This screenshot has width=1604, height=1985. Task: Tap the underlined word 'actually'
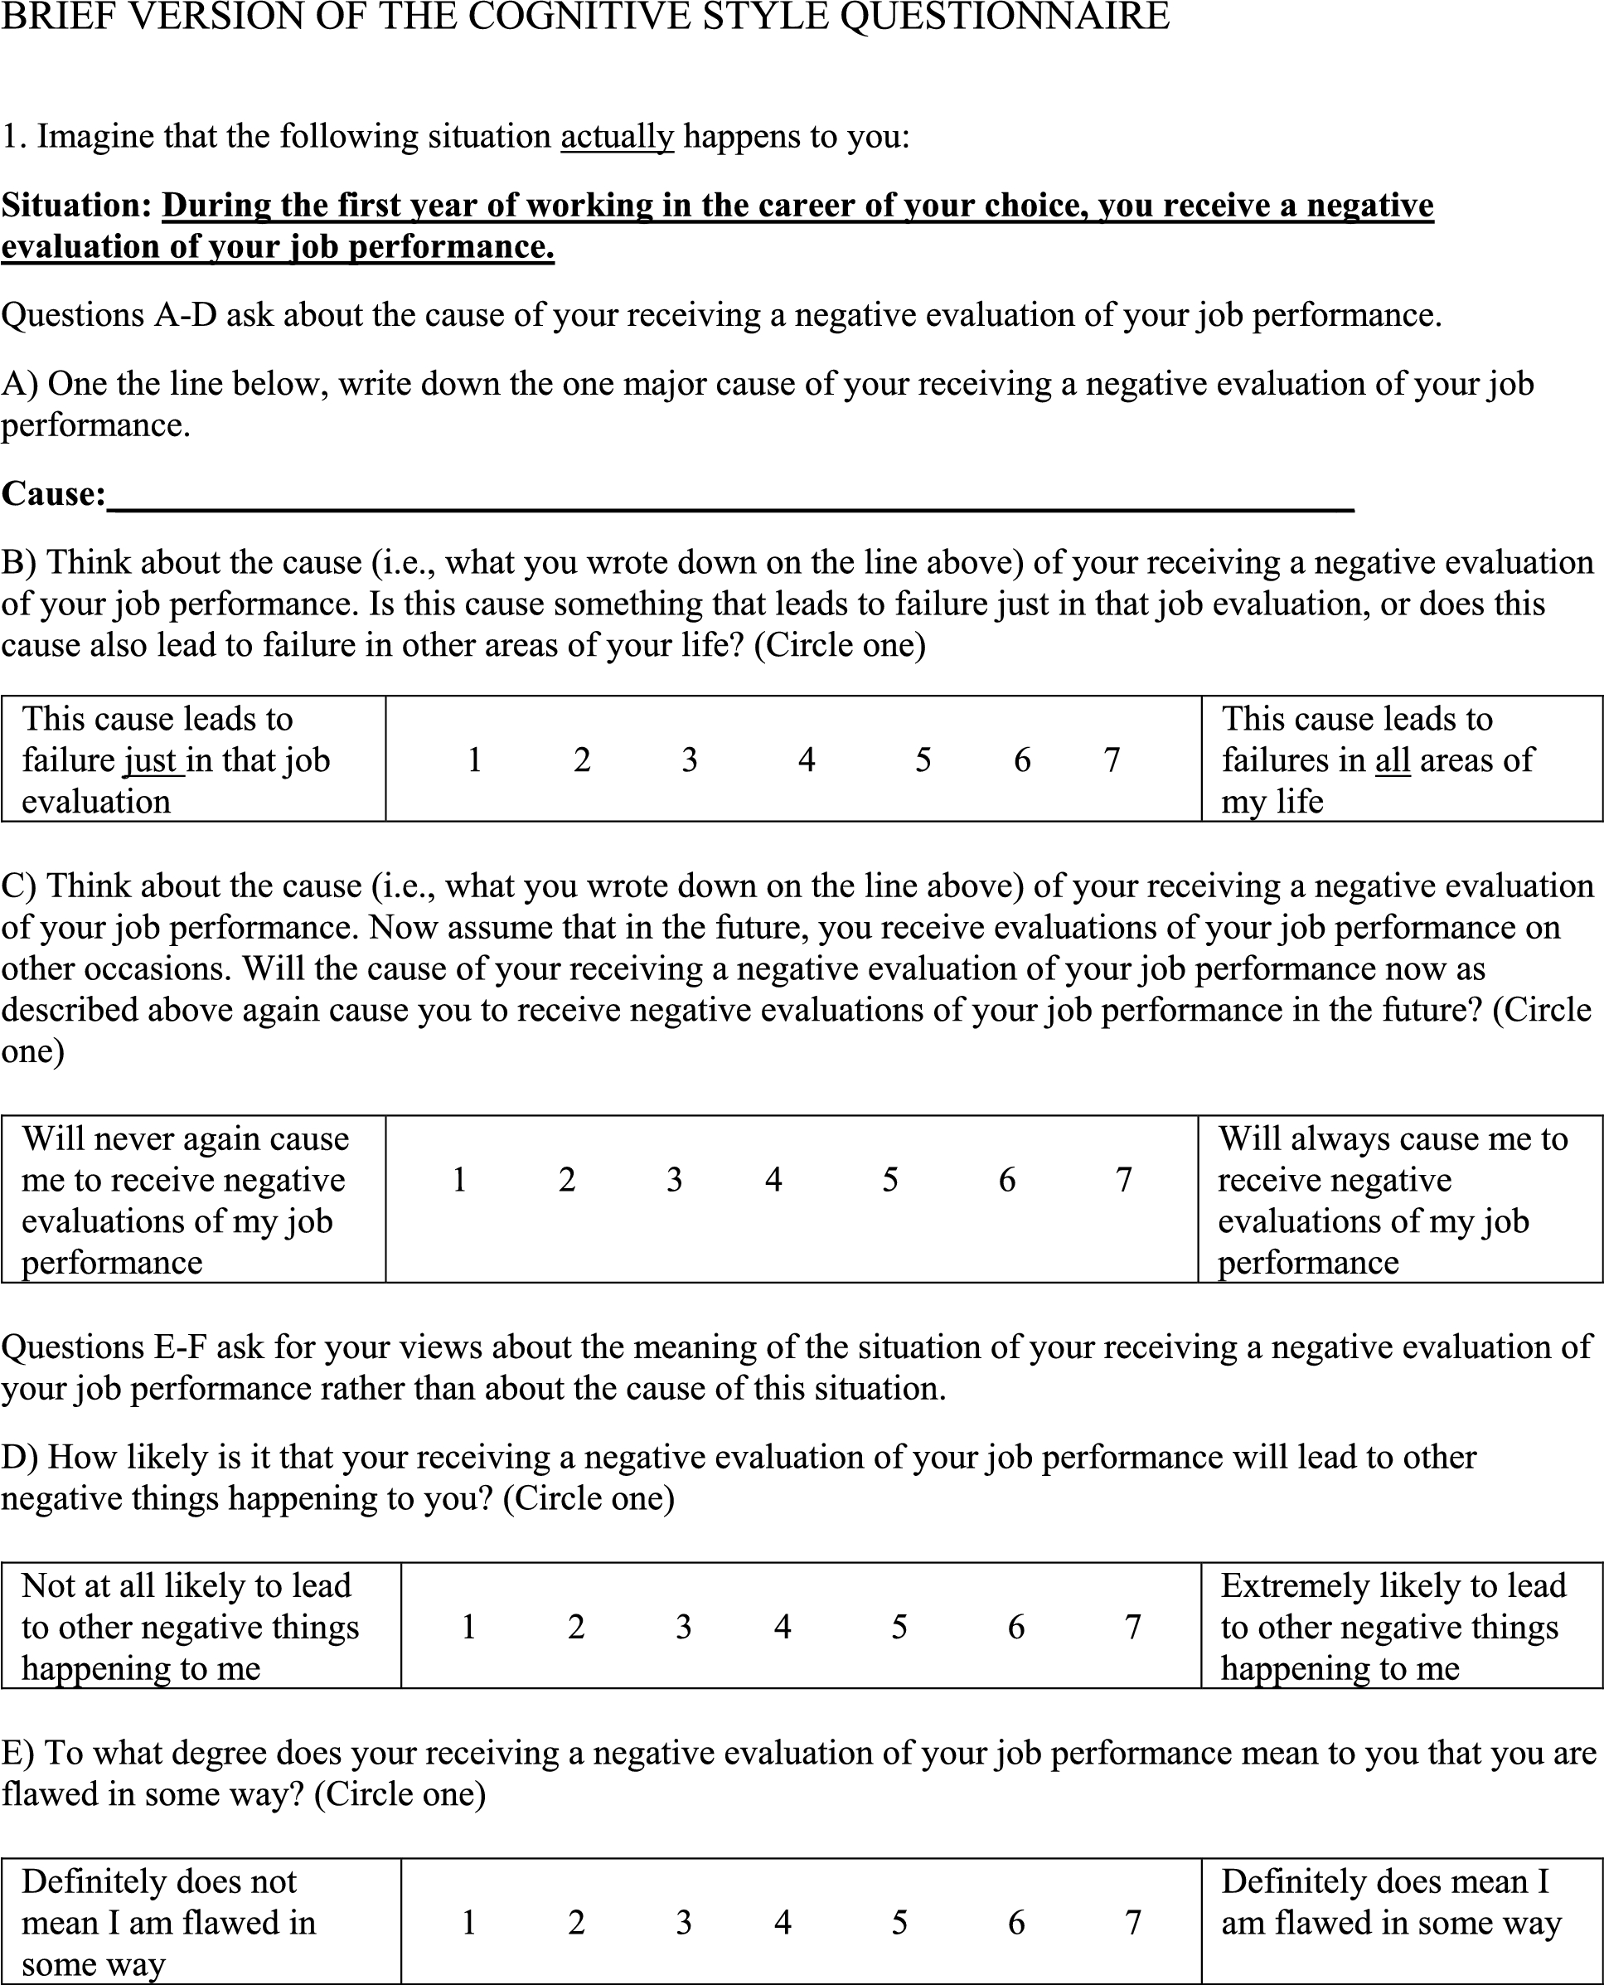pyautogui.click(x=618, y=137)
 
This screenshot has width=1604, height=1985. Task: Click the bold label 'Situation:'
pyautogui.click(x=77, y=205)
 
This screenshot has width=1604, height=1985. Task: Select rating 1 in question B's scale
pyautogui.click(x=474, y=760)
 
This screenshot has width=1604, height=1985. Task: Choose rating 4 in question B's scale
pyautogui.click(x=807, y=760)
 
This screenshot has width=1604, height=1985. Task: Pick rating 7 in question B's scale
pyautogui.click(x=1112, y=760)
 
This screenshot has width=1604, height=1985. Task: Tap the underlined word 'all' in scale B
pyautogui.click(x=1393, y=760)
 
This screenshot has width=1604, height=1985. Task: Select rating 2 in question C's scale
pyautogui.click(x=567, y=1179)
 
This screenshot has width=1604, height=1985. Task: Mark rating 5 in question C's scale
pyautogui.click(x=889, y=1179)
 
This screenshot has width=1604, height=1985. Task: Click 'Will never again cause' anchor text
pyautogui.click(x=185, y=1138)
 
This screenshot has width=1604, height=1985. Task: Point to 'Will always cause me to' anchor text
pyautogui.click(x=1393, y=1138)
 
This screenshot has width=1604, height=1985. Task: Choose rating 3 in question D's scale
pyautogui.click(x=684, y=1627)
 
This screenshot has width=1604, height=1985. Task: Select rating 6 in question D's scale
pyautogui.click(x=1016, y=1627)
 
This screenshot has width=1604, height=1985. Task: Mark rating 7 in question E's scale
pyautogui.click(x=1134, y=1922)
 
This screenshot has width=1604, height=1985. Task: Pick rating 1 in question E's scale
pyautogui.click(x=468, y=1922)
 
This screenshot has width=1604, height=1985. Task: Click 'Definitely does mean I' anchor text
pyautogui.click(x=1384, y=1881)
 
